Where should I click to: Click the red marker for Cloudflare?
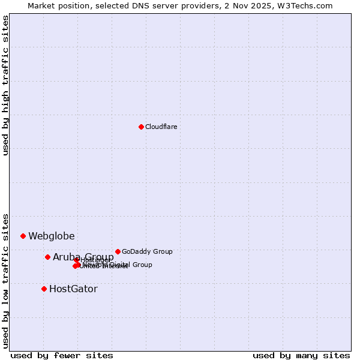click(x=141, y=127)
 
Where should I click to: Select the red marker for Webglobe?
click(x=23, y=236)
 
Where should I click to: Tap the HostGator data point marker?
click(x=44, y=289)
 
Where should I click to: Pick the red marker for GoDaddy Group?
click(x=118, y=251)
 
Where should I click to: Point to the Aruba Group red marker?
click(x=47, y=257)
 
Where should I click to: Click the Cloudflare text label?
click(x=161, y=127)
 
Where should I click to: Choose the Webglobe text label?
click(x=52, y=236)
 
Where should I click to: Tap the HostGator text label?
click(x=73, y=289)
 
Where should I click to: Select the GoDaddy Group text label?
click(x=147, y=252)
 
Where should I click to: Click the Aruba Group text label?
click(x=83, y=257)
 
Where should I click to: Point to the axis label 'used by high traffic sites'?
click(x=6, y=85)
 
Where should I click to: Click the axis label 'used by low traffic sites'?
click(x=6, y=280)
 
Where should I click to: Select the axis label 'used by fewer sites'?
click(x=62, y=355)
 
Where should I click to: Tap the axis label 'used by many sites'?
click(x=301, y=355)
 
